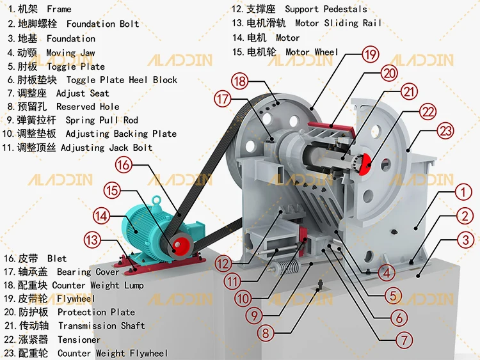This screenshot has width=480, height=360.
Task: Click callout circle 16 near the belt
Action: pyautogui.click(x=124, y=166)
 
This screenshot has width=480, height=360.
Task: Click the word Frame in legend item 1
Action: pyautogui.click(x=59, y=10)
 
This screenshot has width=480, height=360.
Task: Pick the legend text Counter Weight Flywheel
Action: pyautogui.click(x=113, y=353)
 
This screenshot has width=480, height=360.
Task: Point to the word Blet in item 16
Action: pyautogui.click(x=57, y=259)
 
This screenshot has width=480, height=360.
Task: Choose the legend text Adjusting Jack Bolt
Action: pyautogui.click(x=107, y=148)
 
